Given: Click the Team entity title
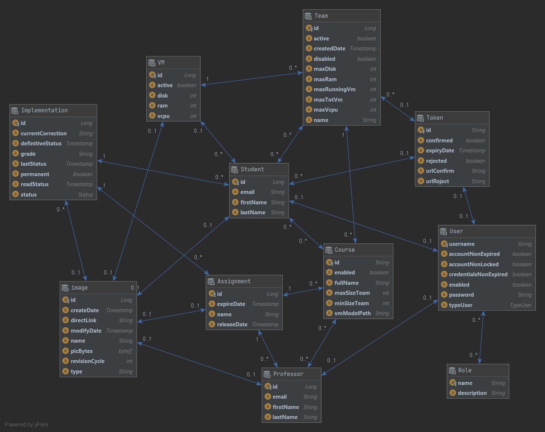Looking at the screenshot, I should (321, 16).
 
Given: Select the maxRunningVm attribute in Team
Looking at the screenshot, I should (334, 89).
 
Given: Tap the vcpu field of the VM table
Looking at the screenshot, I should (163, 116).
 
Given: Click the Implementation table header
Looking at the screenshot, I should (44, 111).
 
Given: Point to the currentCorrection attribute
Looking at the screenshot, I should (43, 133).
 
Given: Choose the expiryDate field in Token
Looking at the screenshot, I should (440, 151).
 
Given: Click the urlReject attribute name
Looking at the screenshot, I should (437, 181).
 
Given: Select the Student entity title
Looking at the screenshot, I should (252, 169).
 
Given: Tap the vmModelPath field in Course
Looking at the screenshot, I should (352, 313).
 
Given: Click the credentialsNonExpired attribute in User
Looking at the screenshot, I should (478, 274).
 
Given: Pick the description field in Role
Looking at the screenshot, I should (472, 393).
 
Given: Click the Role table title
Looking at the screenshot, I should (465, 370).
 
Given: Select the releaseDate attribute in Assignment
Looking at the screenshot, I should (232, 324).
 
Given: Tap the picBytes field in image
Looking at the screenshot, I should (82, 351).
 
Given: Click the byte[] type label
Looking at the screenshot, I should (125, 351).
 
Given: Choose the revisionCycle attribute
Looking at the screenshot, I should (87, 361).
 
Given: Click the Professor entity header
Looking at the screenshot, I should (288, 374).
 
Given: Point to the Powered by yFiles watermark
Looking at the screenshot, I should (27, 425).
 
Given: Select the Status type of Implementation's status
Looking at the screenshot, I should (85, 195).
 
